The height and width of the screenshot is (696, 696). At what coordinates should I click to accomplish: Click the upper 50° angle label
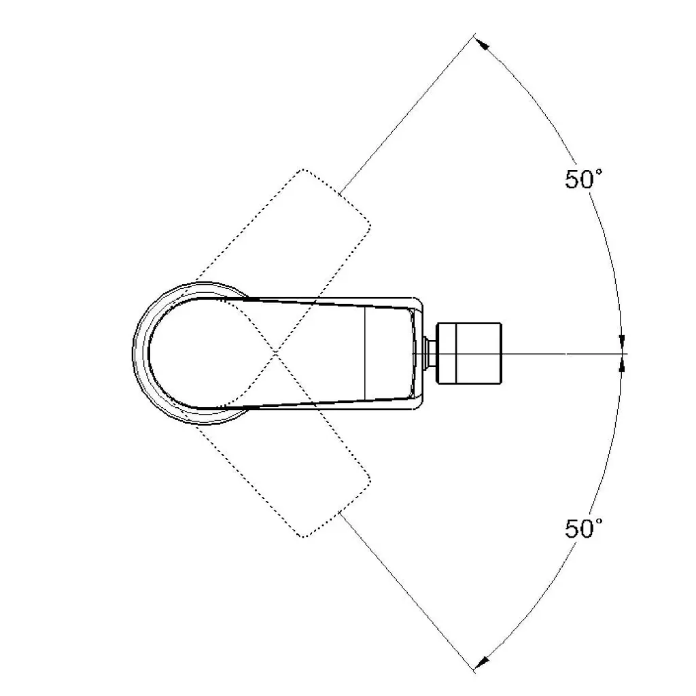pyautogui.click(x=583, y=179)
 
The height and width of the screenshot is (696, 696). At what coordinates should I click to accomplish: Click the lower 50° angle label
pyautogui.click(x=583, y=528)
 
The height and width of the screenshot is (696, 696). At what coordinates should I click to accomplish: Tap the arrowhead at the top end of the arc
pyautogui.click(x=482, y=43)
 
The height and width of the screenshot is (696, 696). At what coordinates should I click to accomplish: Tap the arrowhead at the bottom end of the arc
pyautogui.click(x=482, y=663)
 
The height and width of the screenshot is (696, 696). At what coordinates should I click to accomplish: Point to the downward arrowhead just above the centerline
pyautogui.click(x=622, y=342)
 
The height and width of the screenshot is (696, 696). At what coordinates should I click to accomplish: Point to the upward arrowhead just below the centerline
pyautogui.click(x=622, y=364)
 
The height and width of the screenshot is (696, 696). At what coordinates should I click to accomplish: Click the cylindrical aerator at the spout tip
pyautogui.click(x=469, y=353)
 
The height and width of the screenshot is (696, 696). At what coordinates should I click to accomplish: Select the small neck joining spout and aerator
pyautogui.click(x=430, y=353)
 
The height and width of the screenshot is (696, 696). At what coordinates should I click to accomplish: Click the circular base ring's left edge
pyautogui.click(x=133, y=353)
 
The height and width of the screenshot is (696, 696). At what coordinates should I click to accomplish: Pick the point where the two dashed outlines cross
pyautogui.click(x=276, y=353)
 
